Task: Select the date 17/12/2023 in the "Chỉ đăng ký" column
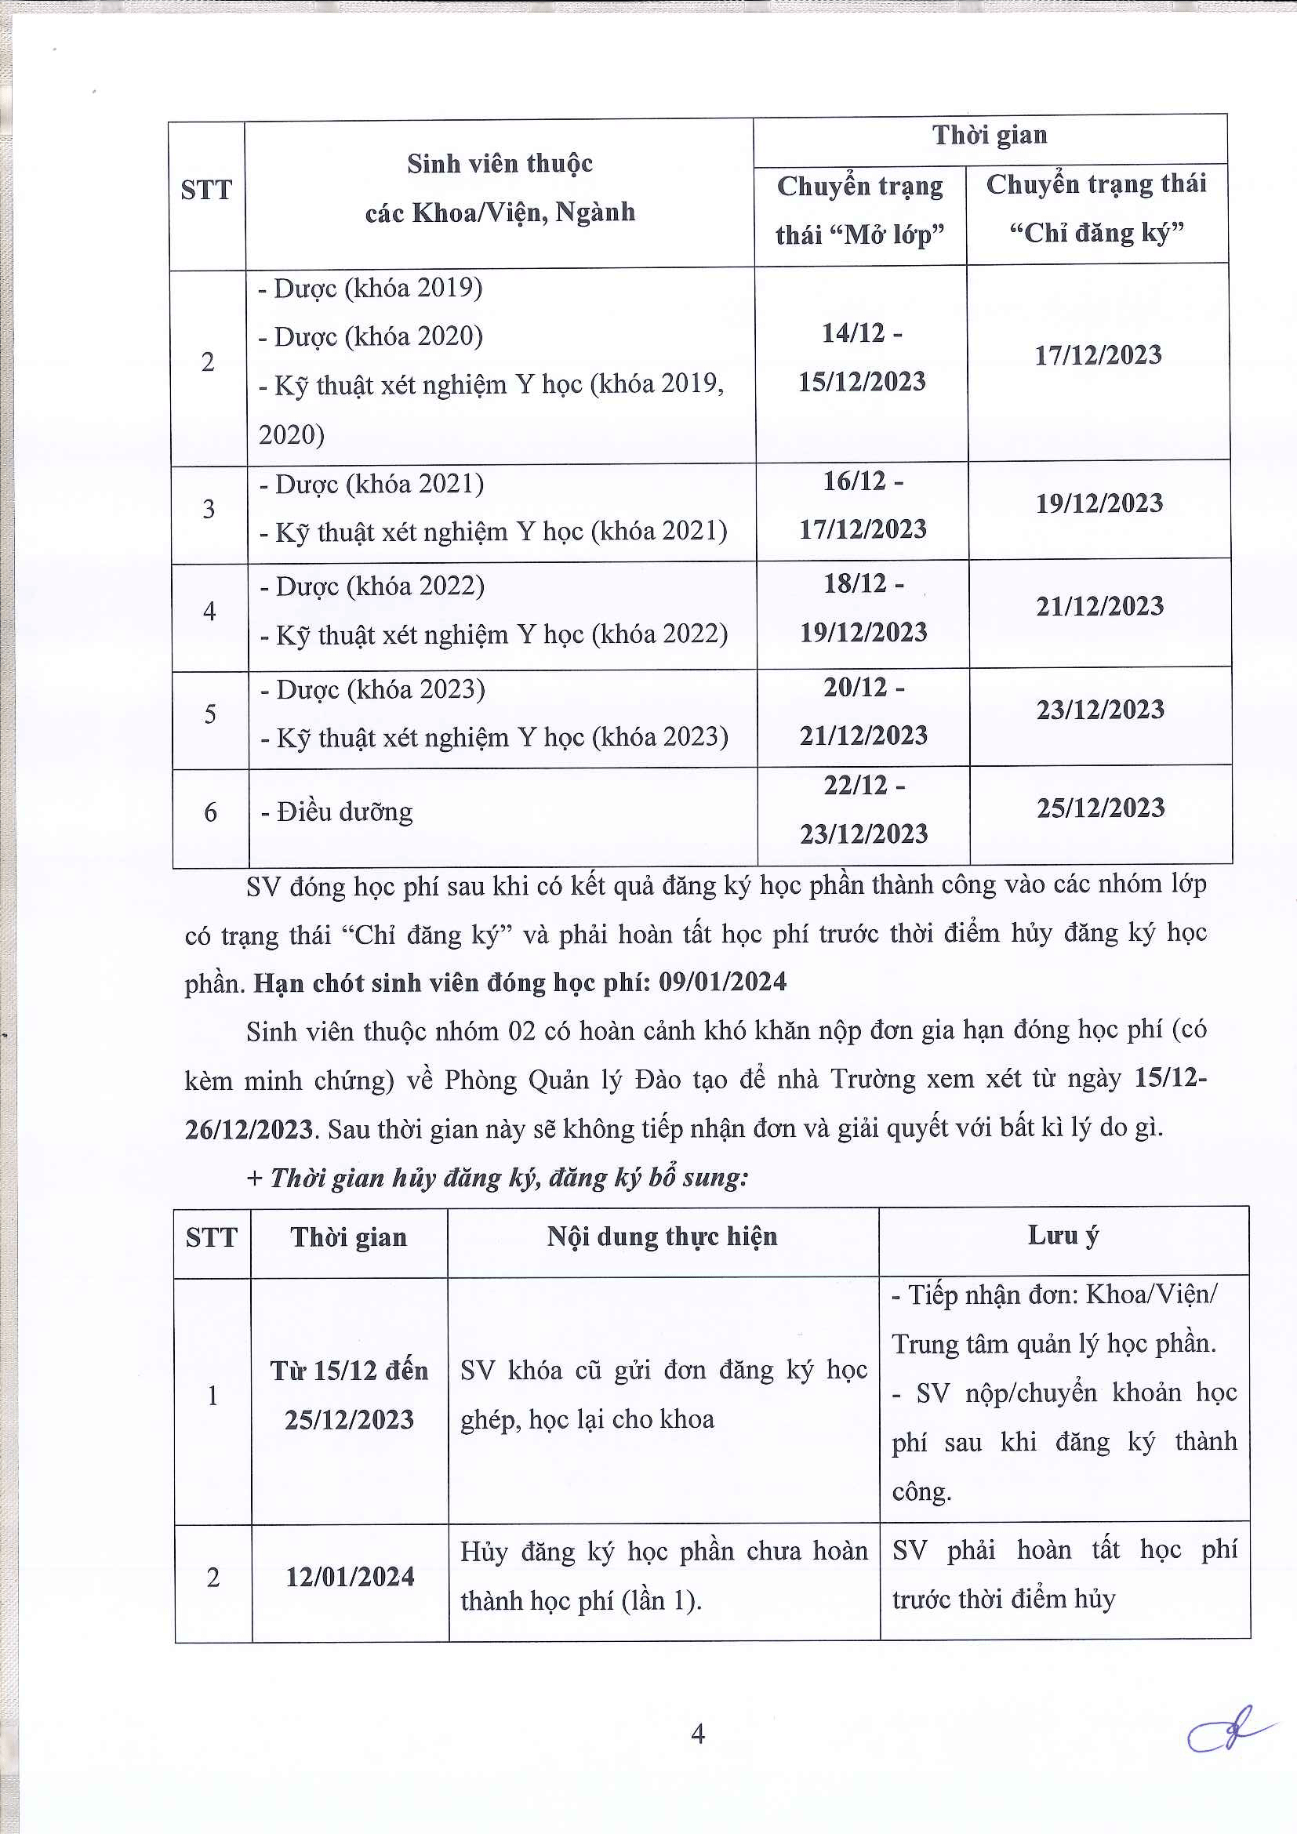coord(1098,355)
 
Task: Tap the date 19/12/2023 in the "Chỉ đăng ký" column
coord(1099,503)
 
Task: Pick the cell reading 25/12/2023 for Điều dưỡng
coord(1100,808)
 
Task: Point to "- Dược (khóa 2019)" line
coord(371,289)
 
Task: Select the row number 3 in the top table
coord(209,509)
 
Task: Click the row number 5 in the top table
coord(210,714)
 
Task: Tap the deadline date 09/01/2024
coord(722,982)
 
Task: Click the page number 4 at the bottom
coord(697,1734)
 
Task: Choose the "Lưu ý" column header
coord(1063,1236)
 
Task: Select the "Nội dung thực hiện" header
coord(662,1237)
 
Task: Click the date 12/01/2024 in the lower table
coord(350,1577)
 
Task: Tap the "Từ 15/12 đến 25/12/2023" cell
coord(349,1395)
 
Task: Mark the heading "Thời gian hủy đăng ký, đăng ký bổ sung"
coord(499,1178)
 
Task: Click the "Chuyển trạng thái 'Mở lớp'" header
coord(859,210)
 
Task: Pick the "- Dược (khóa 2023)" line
coord(373,689)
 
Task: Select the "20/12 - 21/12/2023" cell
coord(863,711)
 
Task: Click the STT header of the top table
coord(206,190)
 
